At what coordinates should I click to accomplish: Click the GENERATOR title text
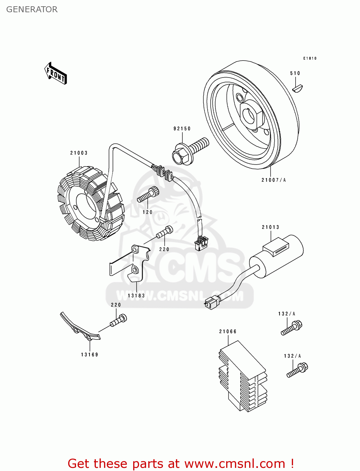tap(32, 9)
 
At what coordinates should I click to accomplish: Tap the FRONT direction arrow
tap(56, 73)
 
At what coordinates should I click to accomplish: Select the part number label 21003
tap(79, 153)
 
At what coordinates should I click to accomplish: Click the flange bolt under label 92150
tap(189, 150)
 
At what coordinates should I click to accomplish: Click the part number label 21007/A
tap(274, 180)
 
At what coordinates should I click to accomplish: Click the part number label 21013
tap(270, 227)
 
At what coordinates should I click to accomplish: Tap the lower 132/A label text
tap(292, 356)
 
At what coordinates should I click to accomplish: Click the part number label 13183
tap(136, 295)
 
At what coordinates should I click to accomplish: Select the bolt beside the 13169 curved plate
tap(118, 320)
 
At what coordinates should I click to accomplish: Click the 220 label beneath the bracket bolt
tap(164, 249)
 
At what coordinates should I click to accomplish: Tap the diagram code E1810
tap(310, 58)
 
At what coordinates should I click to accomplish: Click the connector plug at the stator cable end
tap(201, 243)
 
